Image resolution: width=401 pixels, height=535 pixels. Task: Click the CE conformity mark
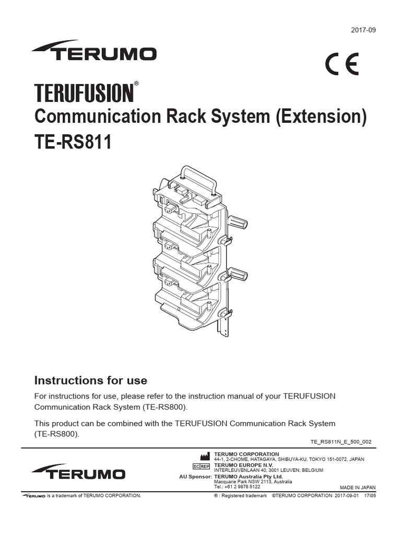point(342,66)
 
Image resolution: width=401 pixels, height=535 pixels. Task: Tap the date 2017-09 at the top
point(363,30)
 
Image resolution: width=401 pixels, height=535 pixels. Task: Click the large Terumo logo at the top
point(94,51)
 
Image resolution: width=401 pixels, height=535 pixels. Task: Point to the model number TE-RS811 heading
point(73,142)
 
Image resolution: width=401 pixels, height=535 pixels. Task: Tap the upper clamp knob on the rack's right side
point(238,223)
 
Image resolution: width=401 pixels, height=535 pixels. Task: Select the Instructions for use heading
point(90,380)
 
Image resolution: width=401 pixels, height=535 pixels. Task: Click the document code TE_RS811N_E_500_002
point(341,441)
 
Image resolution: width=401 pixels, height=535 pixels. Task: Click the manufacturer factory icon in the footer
point(205,456)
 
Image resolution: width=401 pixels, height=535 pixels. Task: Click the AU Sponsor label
point(195,476)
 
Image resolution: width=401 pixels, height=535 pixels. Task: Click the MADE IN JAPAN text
point(354,486)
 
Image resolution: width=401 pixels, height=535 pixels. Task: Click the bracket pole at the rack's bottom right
point(223,327)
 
